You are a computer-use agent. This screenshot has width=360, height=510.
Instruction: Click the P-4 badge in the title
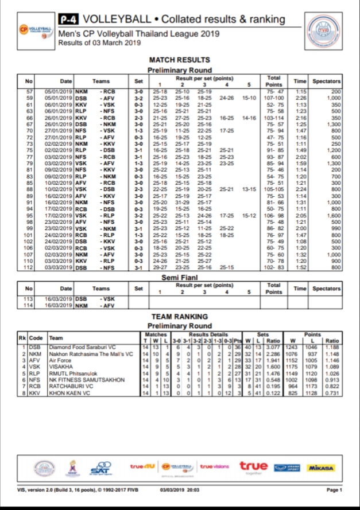coord(69,20)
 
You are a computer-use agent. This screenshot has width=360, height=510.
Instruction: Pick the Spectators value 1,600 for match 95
coord(335,216)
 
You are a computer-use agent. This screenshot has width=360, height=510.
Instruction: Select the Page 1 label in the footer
coord(334,489)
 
